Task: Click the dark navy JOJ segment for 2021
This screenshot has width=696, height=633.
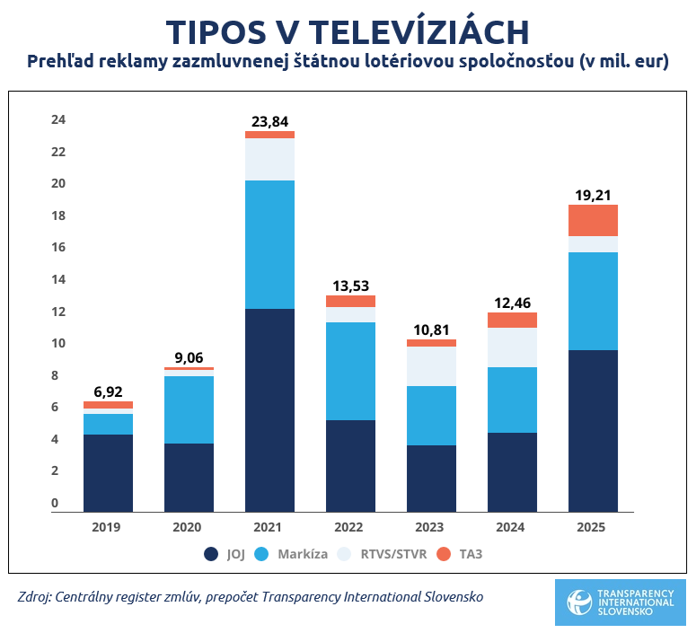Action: [269, 409]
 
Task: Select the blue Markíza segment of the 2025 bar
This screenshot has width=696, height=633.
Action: [593, 301]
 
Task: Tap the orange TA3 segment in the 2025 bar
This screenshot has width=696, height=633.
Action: [593, 220]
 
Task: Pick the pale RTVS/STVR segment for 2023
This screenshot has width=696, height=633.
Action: [431, 366]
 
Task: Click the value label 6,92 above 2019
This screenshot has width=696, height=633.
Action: [108, 392]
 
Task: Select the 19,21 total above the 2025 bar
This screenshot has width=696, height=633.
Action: [593, 195]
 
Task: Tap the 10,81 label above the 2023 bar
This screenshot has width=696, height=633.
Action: [431, 330]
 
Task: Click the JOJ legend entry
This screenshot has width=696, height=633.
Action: [225, 554]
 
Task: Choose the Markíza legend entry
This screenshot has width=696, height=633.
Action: [292, 554]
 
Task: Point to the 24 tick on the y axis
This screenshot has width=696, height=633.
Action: [58, 119]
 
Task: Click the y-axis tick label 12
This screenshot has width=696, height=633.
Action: [58, 312]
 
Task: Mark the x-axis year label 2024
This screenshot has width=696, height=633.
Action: [511, 527]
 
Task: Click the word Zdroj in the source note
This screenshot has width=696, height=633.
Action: [34, 596]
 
